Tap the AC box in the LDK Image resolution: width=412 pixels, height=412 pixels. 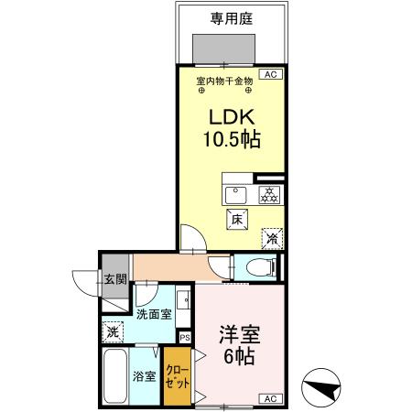270,75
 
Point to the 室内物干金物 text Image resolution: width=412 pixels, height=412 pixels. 223,81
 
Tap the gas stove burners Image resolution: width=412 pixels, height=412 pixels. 269,195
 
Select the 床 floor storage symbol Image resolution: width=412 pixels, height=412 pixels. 235,219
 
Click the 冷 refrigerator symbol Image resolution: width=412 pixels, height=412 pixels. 272,236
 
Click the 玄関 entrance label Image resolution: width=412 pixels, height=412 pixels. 114,279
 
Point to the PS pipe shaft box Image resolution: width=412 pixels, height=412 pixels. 184,337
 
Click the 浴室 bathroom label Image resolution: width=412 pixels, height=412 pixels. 145,375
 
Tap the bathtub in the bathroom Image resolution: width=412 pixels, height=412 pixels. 114,375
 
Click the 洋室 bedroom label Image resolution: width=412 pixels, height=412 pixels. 236,335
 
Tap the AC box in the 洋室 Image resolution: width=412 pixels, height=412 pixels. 270,398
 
